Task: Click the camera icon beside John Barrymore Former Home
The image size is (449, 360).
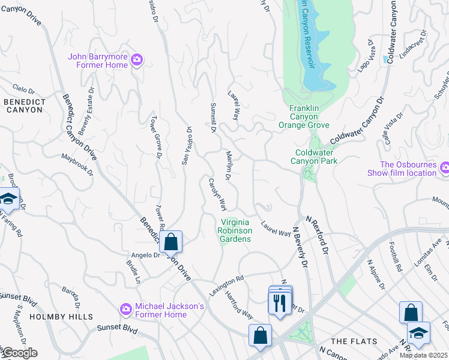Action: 137,59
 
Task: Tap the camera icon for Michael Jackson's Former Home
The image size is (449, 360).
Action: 125,309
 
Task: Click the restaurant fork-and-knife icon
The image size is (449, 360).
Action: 279,302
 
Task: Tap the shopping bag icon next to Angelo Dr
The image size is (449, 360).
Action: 171,242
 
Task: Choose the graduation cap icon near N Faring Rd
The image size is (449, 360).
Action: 8,199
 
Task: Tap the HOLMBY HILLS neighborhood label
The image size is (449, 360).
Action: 61,316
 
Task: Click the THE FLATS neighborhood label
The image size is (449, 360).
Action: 354,341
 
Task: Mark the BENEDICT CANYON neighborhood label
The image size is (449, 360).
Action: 23,106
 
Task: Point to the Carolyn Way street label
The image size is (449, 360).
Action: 217,194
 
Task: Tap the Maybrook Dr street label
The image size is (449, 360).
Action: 77,165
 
